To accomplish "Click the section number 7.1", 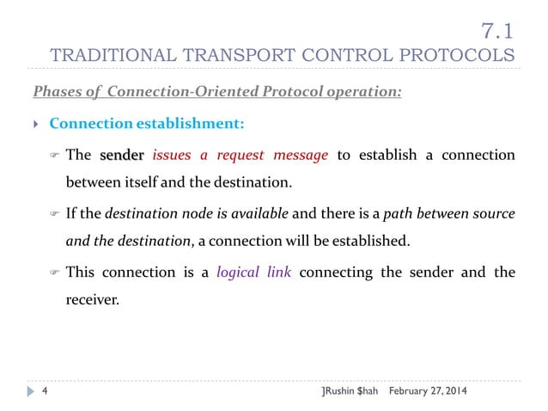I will (x=498, y=32).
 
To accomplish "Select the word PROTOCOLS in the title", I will (x=460, y=57).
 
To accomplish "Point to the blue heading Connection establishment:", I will (x=147, y=124).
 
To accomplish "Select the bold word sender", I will (x=123, y=156).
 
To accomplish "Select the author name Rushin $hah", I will (x=349, y=390).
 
